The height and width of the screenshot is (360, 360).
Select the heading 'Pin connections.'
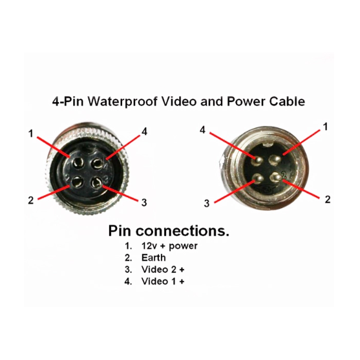[x=169, y=231]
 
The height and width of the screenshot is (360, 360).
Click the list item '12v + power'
[x=169, y=246]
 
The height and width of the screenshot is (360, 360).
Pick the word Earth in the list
[x=154, y=258]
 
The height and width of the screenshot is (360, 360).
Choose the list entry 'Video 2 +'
[x=163, y=270]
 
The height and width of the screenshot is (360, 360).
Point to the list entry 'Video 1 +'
[x=163, y=281]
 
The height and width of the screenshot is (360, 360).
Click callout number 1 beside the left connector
[x=31, y=133]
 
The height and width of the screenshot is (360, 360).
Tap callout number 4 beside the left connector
[x=144, y=132]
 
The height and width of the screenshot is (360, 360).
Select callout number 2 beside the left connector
[x=31, y=200]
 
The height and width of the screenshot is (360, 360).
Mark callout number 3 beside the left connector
[x=144, y=202]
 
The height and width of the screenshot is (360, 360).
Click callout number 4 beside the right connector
[x=202, y=130]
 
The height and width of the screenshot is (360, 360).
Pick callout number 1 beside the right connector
[x=325, y=127]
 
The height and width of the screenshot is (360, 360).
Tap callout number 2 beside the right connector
[x=328, y=199]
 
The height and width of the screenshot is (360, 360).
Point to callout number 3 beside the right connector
[x=207, y=204]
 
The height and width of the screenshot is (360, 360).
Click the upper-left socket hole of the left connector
[x=76, y=163]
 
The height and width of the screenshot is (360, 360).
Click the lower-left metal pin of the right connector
[x=258, y=178]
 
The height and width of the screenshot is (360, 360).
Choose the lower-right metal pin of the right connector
[x=275, y=178]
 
